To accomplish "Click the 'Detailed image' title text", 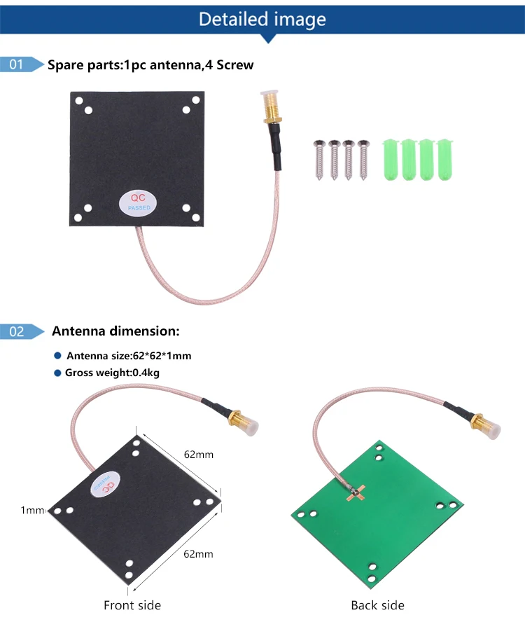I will [x=262, y=19].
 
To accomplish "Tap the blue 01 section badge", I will [x=17, y=64].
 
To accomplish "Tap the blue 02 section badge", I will [x=17, y=331].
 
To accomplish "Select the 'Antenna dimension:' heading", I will [x=115, y=331].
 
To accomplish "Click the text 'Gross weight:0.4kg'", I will [x=112, y=373].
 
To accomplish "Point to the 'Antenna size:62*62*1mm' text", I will [x=129, y=356].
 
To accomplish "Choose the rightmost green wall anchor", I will [x=444, y=159].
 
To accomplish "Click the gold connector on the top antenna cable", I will [x=269, y=112].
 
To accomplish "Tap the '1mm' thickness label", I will [x=32, y=511].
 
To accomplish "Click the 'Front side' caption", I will [x=132, y=605].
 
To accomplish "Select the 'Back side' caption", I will [x=377, y=605].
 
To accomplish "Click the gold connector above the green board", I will [x=482, y=426].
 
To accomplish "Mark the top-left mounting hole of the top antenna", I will [x=87, y=110].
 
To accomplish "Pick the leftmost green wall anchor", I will [x=390, y=159].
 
